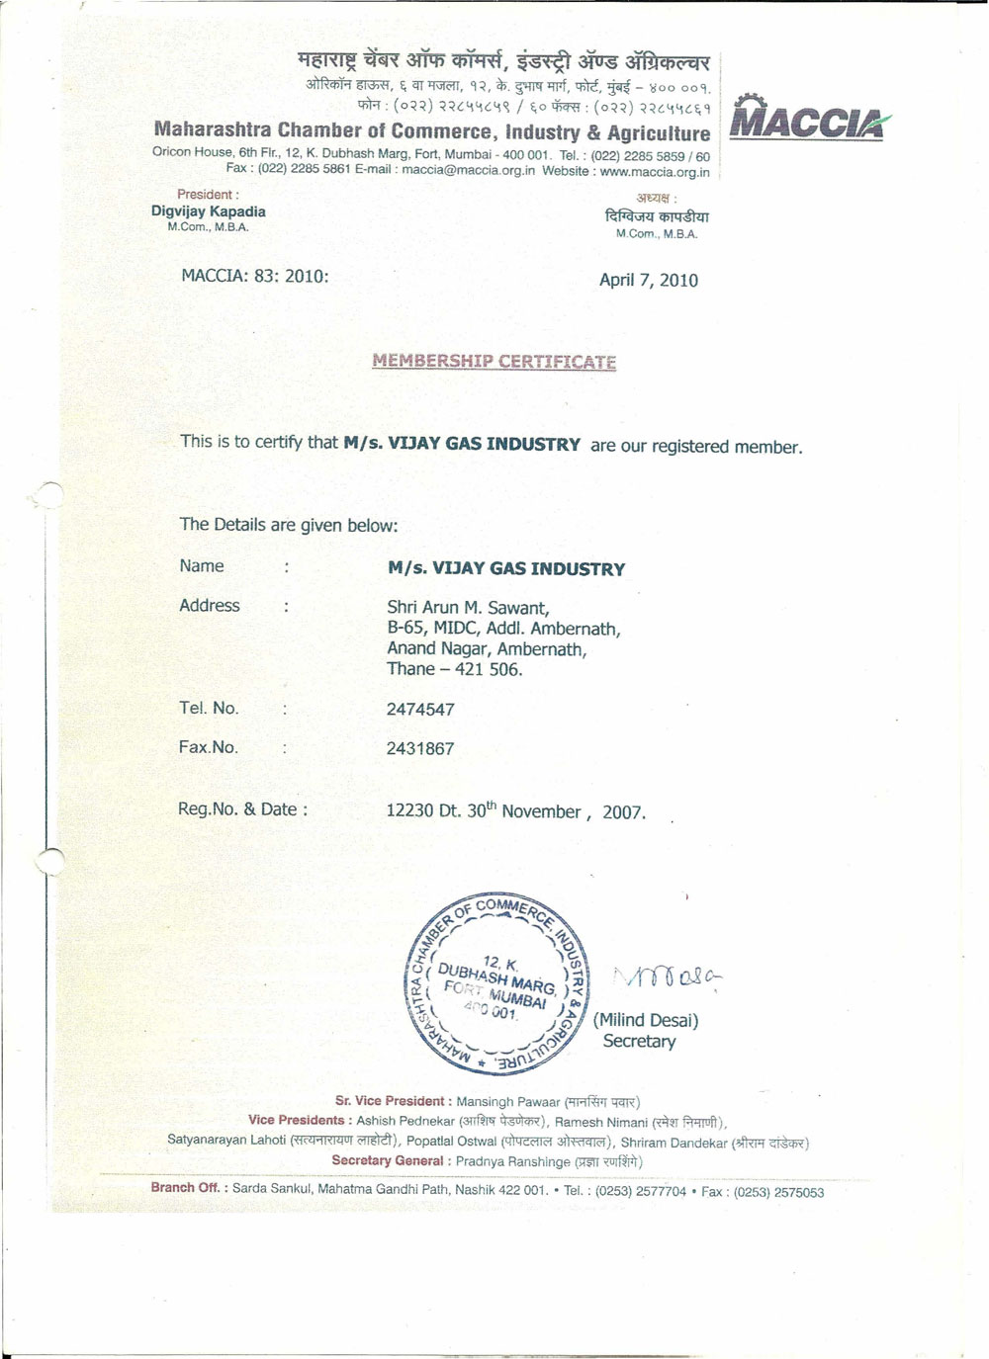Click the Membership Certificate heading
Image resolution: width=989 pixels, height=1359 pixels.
pos(494,362)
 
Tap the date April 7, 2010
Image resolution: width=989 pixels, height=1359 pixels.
pos(649,281)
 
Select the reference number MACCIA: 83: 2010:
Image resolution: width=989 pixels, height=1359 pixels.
pos(255,277)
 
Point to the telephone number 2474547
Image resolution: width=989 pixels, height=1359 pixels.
pos(420,710)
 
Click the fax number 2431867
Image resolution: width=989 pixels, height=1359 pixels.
pos(420,749)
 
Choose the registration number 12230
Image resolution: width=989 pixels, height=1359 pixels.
pos(409,811)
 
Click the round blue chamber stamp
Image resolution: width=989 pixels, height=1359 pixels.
pos(497,984)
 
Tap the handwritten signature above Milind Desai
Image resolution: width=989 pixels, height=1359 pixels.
pos(669,978)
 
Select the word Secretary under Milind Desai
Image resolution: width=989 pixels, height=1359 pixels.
pos(639,1042)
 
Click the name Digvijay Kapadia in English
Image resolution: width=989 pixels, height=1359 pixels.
pos(208,212)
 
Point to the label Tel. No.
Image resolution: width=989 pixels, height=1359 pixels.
pos(209,709)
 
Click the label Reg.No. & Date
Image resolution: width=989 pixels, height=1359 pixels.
pos(242,809)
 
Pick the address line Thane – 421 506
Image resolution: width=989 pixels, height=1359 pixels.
pos(454,670)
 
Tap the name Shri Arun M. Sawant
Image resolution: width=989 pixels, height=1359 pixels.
pos(468,608)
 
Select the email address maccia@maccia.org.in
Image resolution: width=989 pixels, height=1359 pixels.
pos(469,171)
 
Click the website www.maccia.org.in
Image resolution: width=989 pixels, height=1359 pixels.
pos(655,172)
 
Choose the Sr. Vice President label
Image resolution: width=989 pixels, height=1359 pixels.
pos(390,1101)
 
